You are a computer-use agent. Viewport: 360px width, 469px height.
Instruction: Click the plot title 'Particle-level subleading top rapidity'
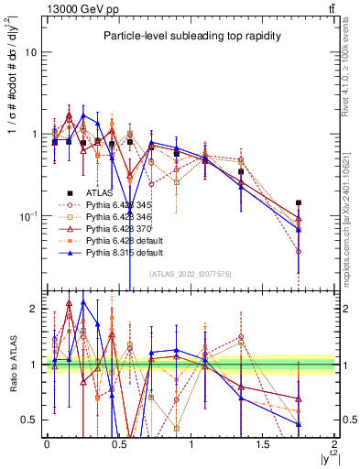click(189, 36)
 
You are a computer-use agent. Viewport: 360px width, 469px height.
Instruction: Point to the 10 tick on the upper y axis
click(30, 52)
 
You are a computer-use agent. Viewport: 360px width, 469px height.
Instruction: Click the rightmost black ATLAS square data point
click(299, 203)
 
